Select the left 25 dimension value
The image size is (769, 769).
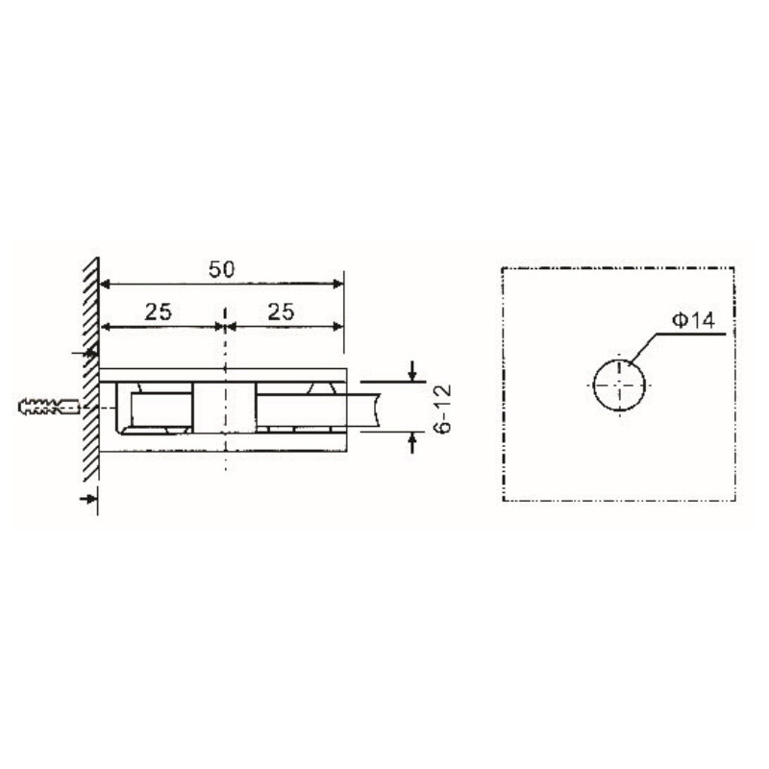(159, 311)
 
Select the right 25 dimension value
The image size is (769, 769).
(280, 311)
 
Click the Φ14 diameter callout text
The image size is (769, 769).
(691, 321)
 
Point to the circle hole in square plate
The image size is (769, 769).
(620, 384)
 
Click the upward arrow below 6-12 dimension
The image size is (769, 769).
(412, 441)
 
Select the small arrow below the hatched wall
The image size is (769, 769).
(88, 498)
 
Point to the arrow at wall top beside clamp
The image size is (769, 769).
(87, 354)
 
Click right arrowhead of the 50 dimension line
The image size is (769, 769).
(336, 284)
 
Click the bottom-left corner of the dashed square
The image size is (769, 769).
(504, 500)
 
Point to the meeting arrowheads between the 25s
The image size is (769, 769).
(224, 327)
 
